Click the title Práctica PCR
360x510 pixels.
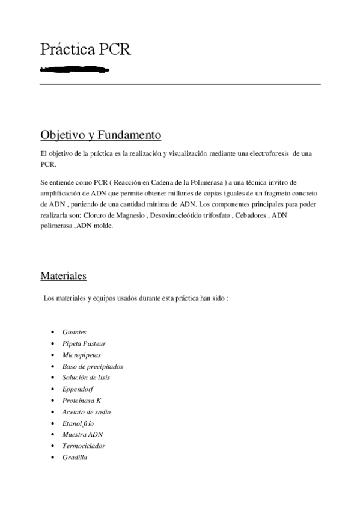click(85, 49)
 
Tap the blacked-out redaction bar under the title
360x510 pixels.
click(75, 70)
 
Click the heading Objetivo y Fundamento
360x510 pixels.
click(100, 134)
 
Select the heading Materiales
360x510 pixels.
click(63, 276)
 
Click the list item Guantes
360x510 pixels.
click(74, 332)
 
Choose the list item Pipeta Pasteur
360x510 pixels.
click(84, 343)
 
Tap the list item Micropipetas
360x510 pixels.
click(81, 355)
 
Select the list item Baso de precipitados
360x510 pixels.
click(92, 366)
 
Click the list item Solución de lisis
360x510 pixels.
click(85, 378)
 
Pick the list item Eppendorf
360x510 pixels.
click(77, 389)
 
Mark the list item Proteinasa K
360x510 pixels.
click(81, 401)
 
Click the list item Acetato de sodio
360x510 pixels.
click(86, 412)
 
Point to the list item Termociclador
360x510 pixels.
click(83, 446)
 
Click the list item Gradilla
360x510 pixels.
click(75, 458)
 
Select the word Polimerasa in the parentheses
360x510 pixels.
click(199, 181)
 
